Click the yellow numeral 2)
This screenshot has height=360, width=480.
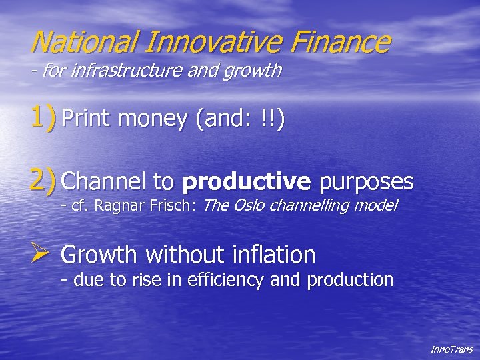(43, 180)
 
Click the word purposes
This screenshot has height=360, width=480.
(367, 181)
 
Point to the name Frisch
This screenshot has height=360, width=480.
(171, 206)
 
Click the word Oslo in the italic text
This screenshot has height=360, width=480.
(248, 206)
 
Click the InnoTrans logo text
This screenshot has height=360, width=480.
(451, 349)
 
